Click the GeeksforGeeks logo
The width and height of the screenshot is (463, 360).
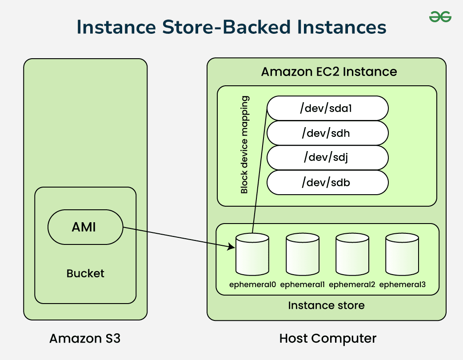tap(440, 17)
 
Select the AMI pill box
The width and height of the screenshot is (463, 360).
tap(85, 227)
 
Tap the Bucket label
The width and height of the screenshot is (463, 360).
tap(85, 273)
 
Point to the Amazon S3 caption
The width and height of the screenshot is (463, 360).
tap(85, 339)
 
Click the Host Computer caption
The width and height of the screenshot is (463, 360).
tap(327, 339)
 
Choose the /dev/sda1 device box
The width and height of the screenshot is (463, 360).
tap(327, 108)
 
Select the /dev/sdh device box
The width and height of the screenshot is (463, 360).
tap(327, 133)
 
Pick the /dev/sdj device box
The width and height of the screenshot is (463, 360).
tap(327, 157)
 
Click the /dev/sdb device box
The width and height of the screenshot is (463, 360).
tap(327, 182)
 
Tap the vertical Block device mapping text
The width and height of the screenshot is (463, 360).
tap(244, 145)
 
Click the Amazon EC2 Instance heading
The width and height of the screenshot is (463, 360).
tap(329, 72)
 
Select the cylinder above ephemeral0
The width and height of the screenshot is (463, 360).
tap(252, 255)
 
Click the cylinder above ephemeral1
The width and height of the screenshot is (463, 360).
tap(303, 255)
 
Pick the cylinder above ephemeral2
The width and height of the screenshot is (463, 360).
tap(352, 255)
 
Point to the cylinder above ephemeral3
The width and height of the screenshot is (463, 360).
tap(402, 255)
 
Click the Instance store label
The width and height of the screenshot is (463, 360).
tap(326, 305)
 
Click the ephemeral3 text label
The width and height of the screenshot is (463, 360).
tap(402, 284)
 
